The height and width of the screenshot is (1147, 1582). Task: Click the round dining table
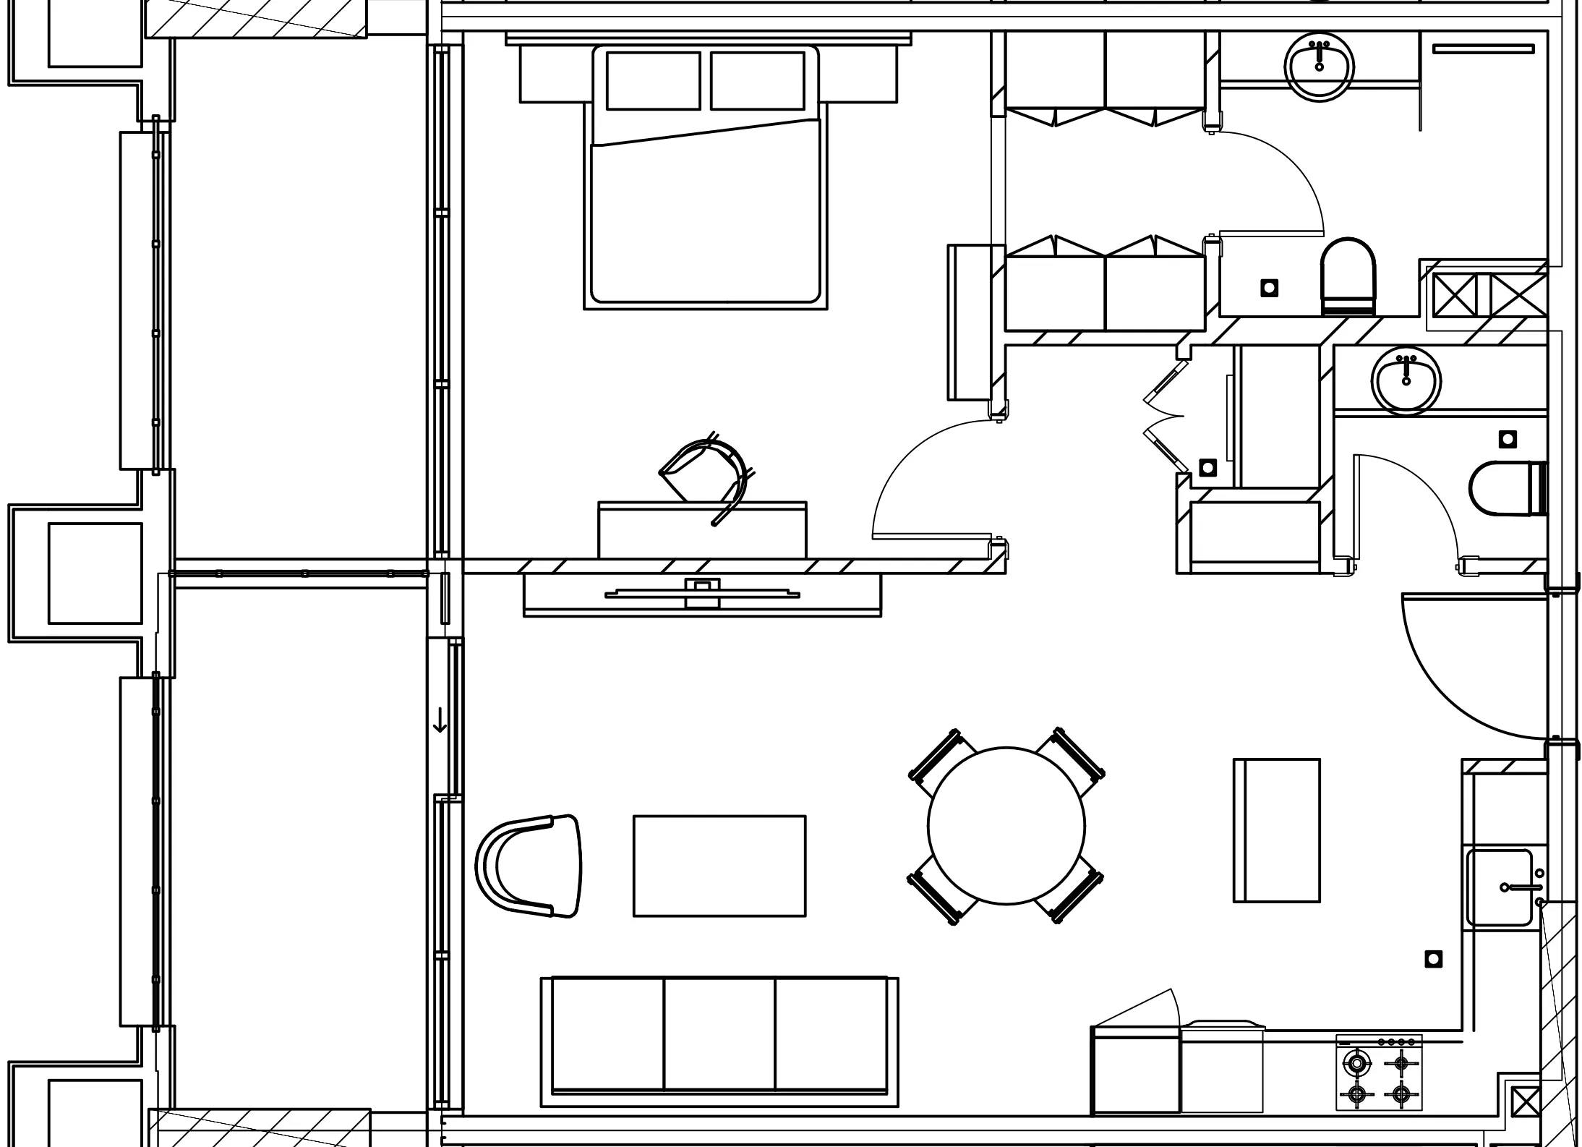click(1006, 825)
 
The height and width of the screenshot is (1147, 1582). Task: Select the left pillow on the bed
click(653, 80)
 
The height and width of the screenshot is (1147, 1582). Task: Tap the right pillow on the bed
click(757, 80)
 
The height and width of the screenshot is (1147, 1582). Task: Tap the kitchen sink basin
click(1499, 887)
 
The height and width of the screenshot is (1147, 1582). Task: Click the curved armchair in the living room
click(531, 866)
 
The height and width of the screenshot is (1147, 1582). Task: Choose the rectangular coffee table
click(719, 866)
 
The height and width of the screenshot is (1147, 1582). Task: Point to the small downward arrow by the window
click(440, 721)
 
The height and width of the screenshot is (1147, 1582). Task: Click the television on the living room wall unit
click(702, 594)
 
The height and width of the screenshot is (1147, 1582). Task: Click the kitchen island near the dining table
click(1276, 830)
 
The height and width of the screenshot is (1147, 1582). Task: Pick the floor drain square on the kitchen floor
click(1433, 959)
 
